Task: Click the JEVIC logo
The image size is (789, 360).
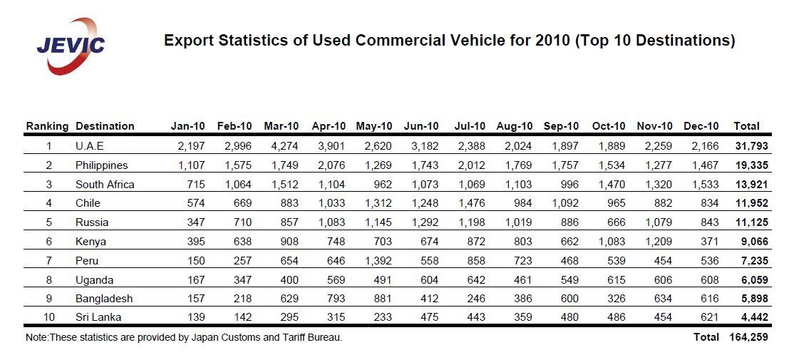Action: click(x=71, y=45)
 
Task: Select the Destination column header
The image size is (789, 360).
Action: click(x=105, y=126)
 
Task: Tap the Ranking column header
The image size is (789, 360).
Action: click(x=47, y=126)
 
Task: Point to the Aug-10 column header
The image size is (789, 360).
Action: click(x=515, y=126)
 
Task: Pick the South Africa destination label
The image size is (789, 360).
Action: click(x=105, y=185)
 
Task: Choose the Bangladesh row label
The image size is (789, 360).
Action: click(x=103, y=299)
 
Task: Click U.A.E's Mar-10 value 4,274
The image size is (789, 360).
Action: click(x=285, y=146)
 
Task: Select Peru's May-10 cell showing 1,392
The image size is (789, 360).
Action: click(x=378, y=261)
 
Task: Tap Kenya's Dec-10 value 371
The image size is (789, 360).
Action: click(x=709, y=242)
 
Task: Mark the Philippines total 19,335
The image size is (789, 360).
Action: click(x=751, y=165)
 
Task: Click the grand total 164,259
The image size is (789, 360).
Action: click(x=749, y=337)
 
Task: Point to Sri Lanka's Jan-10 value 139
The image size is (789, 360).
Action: click(x=195, y=318)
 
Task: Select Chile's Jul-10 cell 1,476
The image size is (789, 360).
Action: click(x=473, y=203)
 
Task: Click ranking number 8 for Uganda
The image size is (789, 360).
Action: click(x=48, y=280)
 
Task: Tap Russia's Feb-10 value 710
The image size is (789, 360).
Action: click(x=242, y=222)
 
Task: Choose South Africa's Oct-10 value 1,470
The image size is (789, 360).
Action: click(x=612, y=185)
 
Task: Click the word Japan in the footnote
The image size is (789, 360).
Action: click(x=205, y=337)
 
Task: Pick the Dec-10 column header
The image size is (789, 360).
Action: click(x=701, y=126)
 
